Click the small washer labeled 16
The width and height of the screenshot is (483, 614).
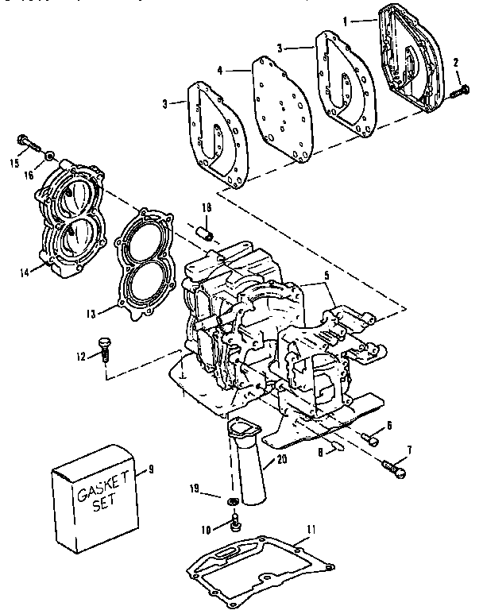50,153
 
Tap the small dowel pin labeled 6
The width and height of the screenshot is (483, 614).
369,435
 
